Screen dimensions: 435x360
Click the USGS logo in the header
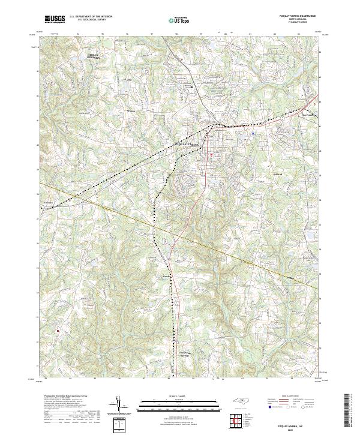click(55, 19)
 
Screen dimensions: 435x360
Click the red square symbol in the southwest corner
click(58, 330)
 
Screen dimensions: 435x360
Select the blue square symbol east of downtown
click(254, 133)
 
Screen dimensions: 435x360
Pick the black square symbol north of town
click(193, 87)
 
